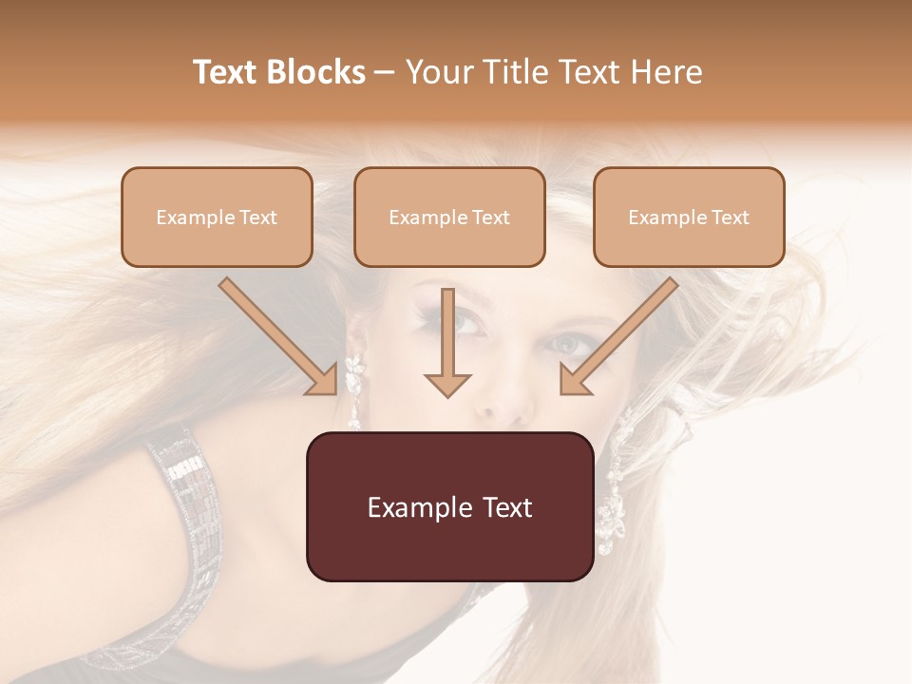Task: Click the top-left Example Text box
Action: tap(217, 217)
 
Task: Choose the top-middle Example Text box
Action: tap(449, 217)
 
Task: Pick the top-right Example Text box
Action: tap(689, 217)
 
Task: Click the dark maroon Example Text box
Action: tap(449, 506)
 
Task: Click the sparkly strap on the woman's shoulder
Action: tap(190, 532)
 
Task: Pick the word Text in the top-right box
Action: tap(731, 218)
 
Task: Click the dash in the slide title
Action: tap(385, 73)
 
